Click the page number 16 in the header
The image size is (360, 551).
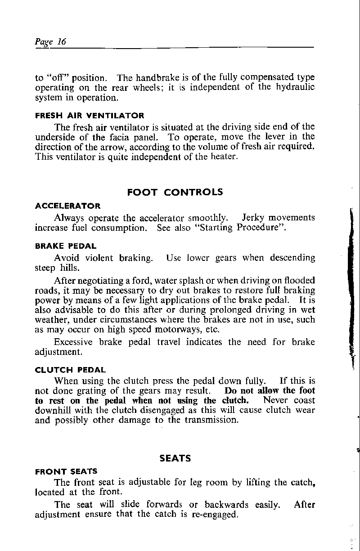pyautogui.click(x=62, y=42)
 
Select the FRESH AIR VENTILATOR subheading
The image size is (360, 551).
pyautogui.click(x=90, y=116)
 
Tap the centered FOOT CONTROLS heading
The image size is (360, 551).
pyautogui.click(x=175, y=192)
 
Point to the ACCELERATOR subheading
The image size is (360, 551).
pyautogui.click(x=67, y=206)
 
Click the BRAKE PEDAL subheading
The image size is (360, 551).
pyautogui.click(x=66, y=246)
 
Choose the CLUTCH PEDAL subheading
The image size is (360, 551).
pyautogui.click(x=70, y=370)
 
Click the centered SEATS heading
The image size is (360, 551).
pyautogui.click(x=175, y=458)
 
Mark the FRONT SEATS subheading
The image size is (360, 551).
pyautogui.click(x=66, y=472)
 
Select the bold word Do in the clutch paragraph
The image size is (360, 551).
pyautogui.click(x=236, y=390)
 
